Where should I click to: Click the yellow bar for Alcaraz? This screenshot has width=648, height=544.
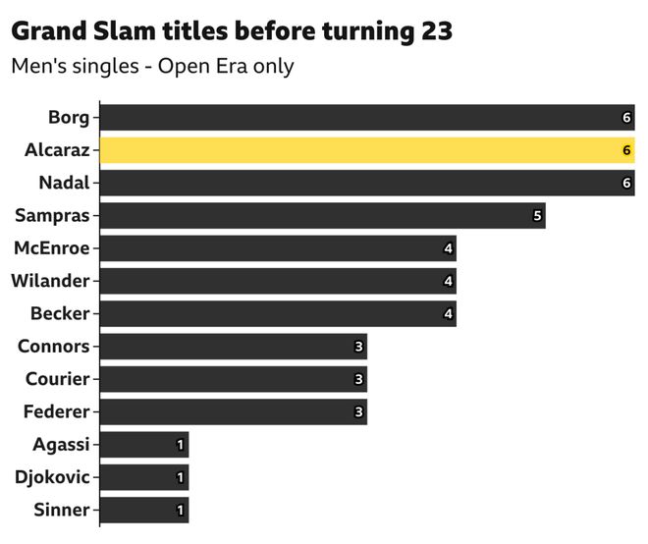tap(367, 150)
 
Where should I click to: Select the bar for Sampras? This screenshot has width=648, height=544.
tap(322, 216)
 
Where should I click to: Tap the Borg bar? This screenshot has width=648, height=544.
tap(367, 118)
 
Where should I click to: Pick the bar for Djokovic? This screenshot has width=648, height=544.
tap(144, 477)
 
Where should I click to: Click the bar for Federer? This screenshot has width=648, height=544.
tap(234, 411)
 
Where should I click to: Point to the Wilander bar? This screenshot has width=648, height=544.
tap(278, 281)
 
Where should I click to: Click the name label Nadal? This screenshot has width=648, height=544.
tap(64, 183)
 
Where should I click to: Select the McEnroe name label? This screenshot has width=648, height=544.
tap(51, 248)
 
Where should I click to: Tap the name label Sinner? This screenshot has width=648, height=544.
tap(61, 510)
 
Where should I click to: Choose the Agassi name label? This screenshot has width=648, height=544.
tap(60, 445)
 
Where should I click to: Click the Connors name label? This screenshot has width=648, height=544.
tap(54, 347)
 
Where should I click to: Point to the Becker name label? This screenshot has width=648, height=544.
tap(60, 313)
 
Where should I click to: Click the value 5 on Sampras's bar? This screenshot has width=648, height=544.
tap(537, 216)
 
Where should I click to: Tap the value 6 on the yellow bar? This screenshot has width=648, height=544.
tap(625, 150)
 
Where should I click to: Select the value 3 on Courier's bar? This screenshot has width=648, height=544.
tap(359, 379)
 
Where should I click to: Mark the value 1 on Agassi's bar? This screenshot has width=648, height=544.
tap(181, 445)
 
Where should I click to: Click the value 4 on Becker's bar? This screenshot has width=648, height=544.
tap(449, 313)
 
